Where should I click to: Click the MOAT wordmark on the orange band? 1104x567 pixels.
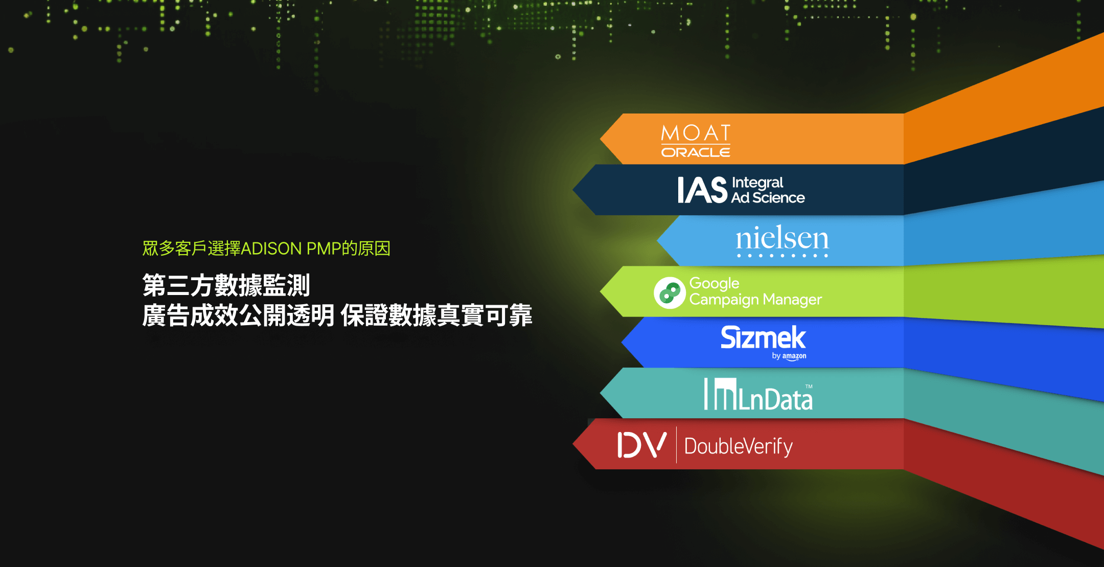coord(696,133)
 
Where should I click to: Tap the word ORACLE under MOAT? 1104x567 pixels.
coord(696,152)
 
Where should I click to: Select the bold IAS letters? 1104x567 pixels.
coord(702,190)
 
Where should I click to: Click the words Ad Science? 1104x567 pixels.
coord(768,198)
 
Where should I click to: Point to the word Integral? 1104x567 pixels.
coord(757,183)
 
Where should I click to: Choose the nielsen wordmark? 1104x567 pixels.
coord(782,239)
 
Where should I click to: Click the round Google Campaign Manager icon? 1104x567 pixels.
coord(670,293)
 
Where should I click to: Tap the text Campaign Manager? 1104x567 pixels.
coord(755,300)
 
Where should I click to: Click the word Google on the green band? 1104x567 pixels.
coord(714,283)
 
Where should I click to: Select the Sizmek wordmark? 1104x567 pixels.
coord(763,337)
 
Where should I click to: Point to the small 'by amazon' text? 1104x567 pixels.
coord(789,356)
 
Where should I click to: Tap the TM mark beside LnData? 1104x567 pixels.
coord(809,387)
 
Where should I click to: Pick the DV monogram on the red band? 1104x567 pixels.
coord(642,445)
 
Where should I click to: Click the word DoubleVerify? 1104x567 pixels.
coord(739,446)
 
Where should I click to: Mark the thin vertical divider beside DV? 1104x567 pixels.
coord(676,445)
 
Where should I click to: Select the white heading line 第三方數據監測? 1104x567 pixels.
coord(226,285)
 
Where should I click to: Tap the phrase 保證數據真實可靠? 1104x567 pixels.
coord(436,315)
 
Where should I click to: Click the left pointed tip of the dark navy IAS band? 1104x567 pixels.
coord(573,190)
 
